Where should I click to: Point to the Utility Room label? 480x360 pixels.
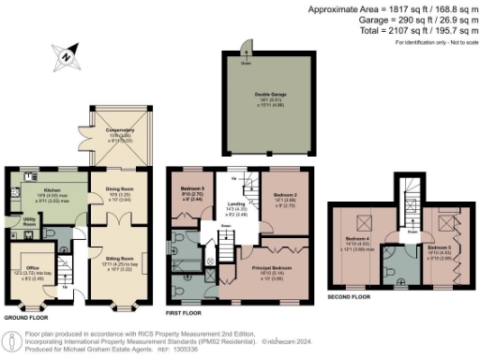tap(29, 223)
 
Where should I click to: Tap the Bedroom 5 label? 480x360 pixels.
tap(438, 248)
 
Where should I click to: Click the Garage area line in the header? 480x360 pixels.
tap(402, 21)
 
